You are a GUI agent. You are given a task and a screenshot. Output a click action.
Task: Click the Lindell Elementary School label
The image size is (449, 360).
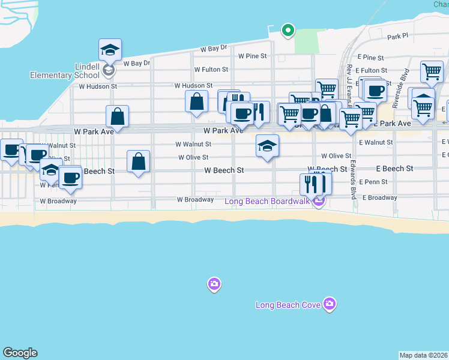point(65,71)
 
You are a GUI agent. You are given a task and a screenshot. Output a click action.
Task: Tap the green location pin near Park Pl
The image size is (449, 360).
point(288,29)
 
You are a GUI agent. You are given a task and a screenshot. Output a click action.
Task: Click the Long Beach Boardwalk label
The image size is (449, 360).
point(267,201)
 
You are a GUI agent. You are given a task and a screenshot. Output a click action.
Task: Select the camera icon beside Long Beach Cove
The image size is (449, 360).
point(329,304)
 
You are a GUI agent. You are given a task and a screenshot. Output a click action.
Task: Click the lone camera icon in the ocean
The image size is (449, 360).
point(214,284)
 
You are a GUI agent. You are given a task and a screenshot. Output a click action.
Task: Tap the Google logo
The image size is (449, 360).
point(20,353)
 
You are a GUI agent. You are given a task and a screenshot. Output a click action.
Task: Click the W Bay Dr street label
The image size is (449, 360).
point(214,47)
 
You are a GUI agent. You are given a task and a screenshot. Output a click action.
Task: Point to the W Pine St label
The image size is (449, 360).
point(252,56)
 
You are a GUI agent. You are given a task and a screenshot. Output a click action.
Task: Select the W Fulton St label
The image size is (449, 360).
point(211,70)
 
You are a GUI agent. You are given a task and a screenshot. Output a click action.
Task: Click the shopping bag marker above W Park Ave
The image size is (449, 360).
point(118,116)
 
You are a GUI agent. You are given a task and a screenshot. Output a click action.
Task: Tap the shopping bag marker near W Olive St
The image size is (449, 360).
point(138,161)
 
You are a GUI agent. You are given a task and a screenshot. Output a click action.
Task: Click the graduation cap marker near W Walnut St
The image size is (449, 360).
point(267,145)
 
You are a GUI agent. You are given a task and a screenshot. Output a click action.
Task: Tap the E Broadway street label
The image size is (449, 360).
point(378,197)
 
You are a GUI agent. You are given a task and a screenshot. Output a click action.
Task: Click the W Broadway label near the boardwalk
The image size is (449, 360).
point(195,199)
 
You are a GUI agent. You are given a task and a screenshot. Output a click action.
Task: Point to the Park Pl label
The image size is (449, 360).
point(397,37)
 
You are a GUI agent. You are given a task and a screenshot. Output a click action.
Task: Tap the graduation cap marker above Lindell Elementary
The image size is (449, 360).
point(110,49)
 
